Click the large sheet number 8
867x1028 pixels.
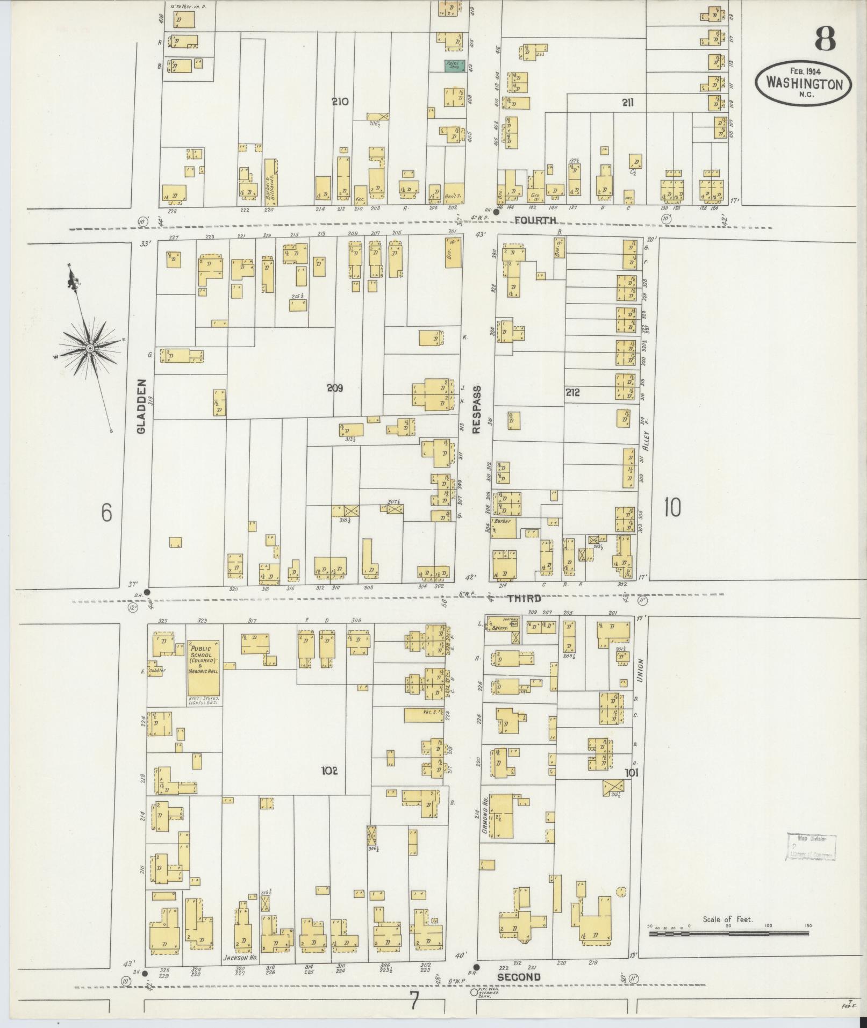pos(825,39)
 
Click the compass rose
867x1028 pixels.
pos(90,349)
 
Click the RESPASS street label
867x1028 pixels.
pos(476,405)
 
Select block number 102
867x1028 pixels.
pos(329,771)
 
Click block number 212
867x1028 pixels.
pos(572,393)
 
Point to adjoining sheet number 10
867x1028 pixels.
pos(672,507)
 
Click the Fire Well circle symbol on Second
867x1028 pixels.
pos(474,992)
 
